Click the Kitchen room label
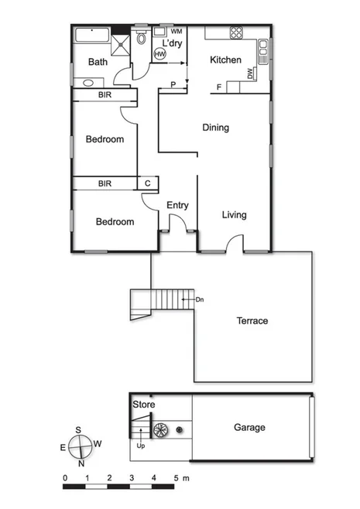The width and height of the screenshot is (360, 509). tap(226, 60)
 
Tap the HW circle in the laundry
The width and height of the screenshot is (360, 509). tap(159, 54)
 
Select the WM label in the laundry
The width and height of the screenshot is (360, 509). tap(177, 31)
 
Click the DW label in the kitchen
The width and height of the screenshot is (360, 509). tap(250, 74)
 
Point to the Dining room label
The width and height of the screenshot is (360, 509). tap(215, 128)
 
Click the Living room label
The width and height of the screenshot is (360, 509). tap(234, 215)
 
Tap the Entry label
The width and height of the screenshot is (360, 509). tap(178, 205)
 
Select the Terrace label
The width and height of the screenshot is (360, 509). tap(252, 321)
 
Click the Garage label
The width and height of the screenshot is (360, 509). tap(249, 427)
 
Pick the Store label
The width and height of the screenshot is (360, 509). tap(144, 405)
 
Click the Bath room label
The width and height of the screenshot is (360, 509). tap(98, 62)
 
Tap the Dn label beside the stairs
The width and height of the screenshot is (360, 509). tap(199, 299)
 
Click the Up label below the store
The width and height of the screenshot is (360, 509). tap(140, 446)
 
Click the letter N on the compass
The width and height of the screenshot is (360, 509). tap(81, 464)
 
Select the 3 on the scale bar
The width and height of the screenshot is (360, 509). tap(132, 477)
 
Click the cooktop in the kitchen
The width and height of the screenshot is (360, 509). tap(235, 33)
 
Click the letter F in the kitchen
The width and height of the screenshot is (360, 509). tap(219, 87)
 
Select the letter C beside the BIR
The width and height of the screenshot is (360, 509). tap(147, 184)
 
